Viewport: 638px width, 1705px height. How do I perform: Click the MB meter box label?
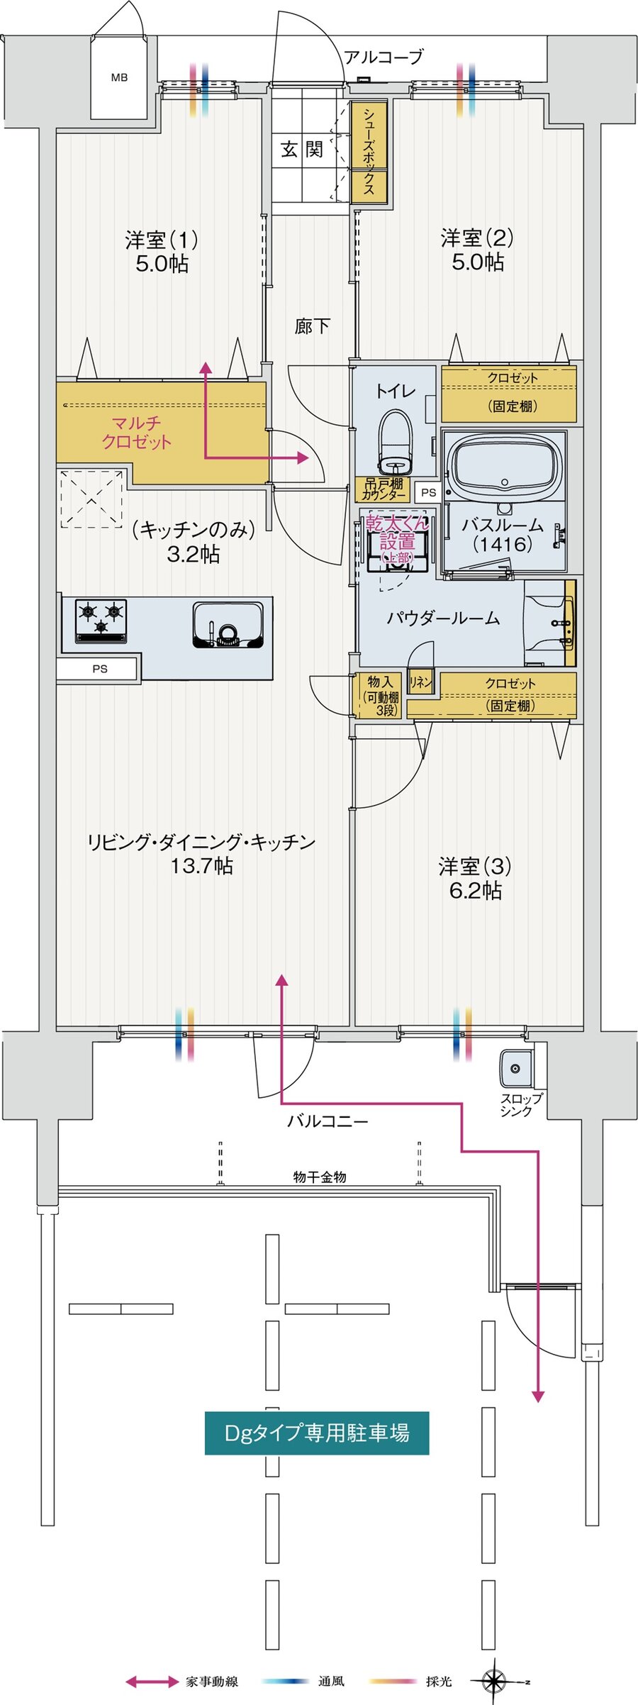point(119,77)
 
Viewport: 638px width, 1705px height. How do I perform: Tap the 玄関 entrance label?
point(302,150)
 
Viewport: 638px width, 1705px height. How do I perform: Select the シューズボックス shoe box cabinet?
point(369,151)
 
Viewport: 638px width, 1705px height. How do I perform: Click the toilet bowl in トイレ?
point(395,443)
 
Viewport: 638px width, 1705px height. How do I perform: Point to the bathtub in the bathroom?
point(504,465)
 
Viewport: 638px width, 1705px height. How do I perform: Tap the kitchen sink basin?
point(228,625)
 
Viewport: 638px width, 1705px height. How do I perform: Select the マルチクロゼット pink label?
point(136,433)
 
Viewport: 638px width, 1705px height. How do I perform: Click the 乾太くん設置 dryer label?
point(397,539)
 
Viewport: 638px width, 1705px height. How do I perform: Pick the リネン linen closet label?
point(420,682)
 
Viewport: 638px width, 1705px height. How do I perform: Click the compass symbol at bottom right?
point(494,1681)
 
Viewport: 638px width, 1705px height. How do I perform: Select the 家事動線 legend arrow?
point(152,1682)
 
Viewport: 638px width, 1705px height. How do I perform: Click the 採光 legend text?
point(439,1682)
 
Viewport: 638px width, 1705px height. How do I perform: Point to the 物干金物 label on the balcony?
point(320,1177)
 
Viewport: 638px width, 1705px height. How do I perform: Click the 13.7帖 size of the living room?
point(201,866)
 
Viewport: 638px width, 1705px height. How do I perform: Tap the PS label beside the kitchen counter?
point(100,669)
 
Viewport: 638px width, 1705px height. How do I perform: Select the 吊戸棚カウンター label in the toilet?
point(384,489)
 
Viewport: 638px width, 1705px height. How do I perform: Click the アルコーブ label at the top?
point(384,57)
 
